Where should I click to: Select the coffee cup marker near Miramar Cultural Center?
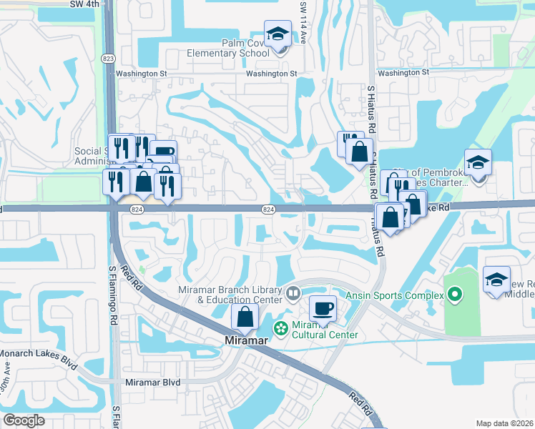(323, 308)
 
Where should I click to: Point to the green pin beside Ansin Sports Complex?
(456, 294)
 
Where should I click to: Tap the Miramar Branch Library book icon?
(293, 293)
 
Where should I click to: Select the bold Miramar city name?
(246, 341)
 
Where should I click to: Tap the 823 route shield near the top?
(108, 58)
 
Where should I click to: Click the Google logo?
(24, 420)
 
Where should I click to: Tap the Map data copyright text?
(505, 423)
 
